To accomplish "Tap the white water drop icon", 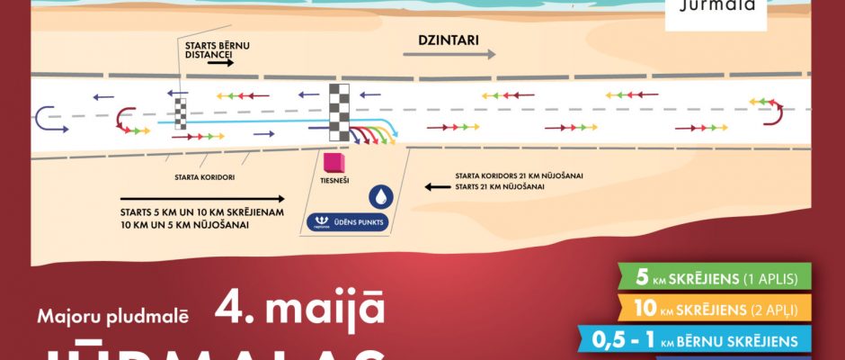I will coord(383,196).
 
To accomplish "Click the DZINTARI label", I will coord(448,40).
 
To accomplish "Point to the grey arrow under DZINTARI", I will coord(449,55).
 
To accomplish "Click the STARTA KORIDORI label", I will coord(206,177).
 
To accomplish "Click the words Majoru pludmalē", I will coord(113,316).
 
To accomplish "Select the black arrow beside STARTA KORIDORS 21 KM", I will coord(437,187).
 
